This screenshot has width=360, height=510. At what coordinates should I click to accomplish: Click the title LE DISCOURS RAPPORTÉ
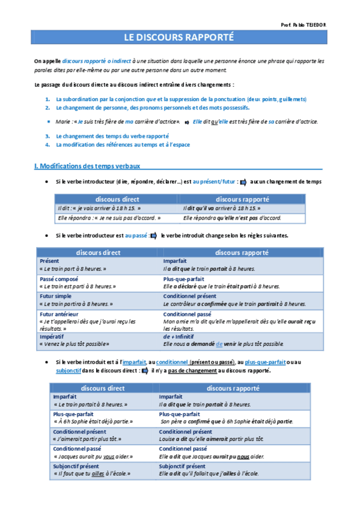tap(179, 37)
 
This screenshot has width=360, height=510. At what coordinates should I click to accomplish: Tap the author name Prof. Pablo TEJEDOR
tap(304, 25)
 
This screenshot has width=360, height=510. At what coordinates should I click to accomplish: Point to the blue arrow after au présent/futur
tap(243, 182)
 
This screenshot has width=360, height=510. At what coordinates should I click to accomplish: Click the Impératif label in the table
tap(52, 337)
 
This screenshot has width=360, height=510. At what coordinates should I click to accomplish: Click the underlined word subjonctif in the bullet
tap(72, 370)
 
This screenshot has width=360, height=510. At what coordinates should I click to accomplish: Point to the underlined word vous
tap(109, 456)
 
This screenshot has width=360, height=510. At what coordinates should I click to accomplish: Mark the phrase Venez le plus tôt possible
tap(74, 344)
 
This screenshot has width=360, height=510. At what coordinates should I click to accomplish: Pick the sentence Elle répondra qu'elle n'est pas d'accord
tap(232, 218)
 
